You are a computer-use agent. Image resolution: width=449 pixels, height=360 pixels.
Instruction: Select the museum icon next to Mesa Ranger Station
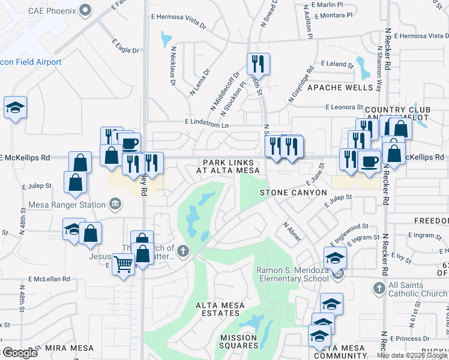pyautogui.click(x=116, y=205)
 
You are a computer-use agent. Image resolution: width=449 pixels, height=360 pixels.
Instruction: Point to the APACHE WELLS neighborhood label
pyautogui.click(x=340, y=88)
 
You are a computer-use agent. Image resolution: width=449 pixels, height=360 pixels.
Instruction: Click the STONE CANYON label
pyautogui.click(x=293, y=193)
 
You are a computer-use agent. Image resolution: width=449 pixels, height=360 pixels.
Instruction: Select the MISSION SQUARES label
pyautogui.click(x=238, y=341)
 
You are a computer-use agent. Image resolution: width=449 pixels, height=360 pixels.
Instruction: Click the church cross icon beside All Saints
pyautogui.click(x=378, y=289)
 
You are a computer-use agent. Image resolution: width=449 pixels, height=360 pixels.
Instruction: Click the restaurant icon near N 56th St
pyautogui.click(x=258, y=62)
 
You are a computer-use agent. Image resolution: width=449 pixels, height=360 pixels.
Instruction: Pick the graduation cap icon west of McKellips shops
pyautogui.click(x=15, y=107)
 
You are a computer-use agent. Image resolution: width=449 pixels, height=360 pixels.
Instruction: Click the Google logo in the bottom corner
pyautogui.click(x=19, y=353)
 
